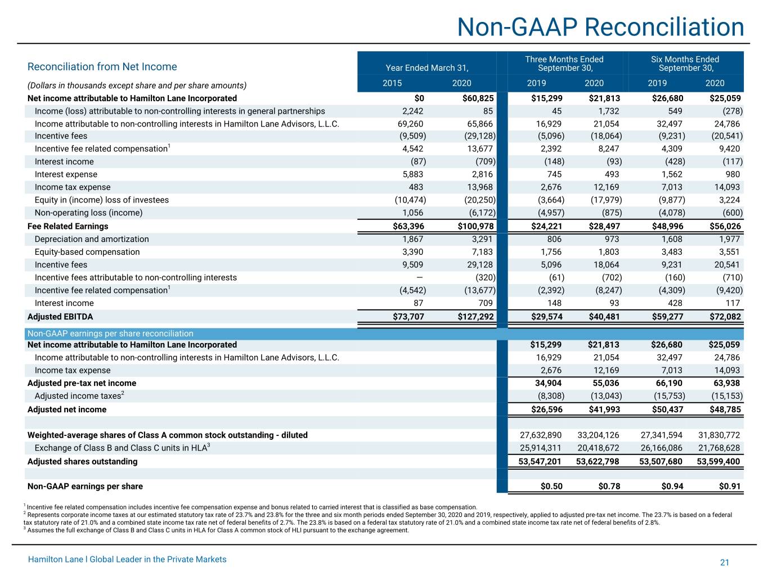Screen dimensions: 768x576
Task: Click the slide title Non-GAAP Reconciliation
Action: (x=600, y=27)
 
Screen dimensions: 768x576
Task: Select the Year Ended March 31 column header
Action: (x=427, y=68)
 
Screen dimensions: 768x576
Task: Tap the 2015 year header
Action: (x=392, y=83)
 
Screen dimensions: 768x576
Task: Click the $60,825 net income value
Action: (x=478, y=98)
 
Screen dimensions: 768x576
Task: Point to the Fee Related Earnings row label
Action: (x=68, y=226)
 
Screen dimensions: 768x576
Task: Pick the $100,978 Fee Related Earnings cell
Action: (x=475, y=226)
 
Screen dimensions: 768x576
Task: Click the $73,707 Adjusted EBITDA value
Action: (x=408, y=317)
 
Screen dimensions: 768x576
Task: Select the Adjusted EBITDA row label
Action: (x=60, y=317)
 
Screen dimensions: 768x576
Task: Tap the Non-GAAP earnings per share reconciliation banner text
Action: (x=110, y=334)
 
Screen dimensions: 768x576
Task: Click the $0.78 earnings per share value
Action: (x=609, y=486)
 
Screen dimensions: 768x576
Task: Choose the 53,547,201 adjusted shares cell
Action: (x=540, y=461)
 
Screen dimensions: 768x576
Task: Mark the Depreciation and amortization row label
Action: (x=92, y=239)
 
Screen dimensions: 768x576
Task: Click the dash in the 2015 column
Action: (x=420, y=278)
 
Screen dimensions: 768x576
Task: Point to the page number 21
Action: (x=724, y=562)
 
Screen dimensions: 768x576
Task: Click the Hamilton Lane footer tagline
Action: (x=127, y=559)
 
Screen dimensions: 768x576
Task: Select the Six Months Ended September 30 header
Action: (x=685, y=64)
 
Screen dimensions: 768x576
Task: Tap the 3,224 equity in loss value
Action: (x=730, y=200)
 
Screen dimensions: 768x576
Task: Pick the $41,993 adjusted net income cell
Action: (x=604, y=409)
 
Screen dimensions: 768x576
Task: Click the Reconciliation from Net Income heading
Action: (x=102, y=66)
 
